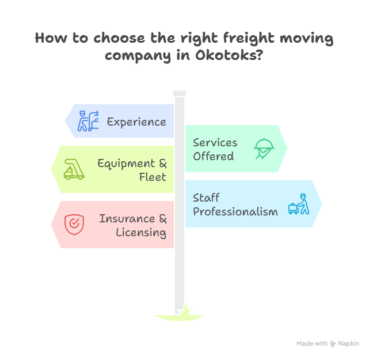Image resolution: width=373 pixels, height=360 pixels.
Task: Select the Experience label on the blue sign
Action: [136, 122]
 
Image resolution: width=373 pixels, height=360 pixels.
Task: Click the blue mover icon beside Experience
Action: [89, 121]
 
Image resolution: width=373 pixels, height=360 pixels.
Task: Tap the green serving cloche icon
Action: [264, 149]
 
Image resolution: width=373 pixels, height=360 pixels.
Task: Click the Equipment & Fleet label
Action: [132, 170]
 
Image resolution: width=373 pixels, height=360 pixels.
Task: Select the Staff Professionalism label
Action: [235, 204]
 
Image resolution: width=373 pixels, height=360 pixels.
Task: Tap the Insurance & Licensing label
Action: [133, 225]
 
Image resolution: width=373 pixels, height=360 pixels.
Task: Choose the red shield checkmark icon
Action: [73, 223]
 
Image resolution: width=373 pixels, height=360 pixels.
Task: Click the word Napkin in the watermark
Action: [349, 343]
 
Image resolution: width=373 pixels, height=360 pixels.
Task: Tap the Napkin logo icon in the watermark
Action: [333, 343]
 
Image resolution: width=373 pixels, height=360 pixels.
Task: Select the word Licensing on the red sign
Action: [141, 232]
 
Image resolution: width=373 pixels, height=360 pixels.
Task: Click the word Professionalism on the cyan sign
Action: [235, 211]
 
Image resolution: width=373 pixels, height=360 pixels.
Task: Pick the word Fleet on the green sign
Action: [153, 177]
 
